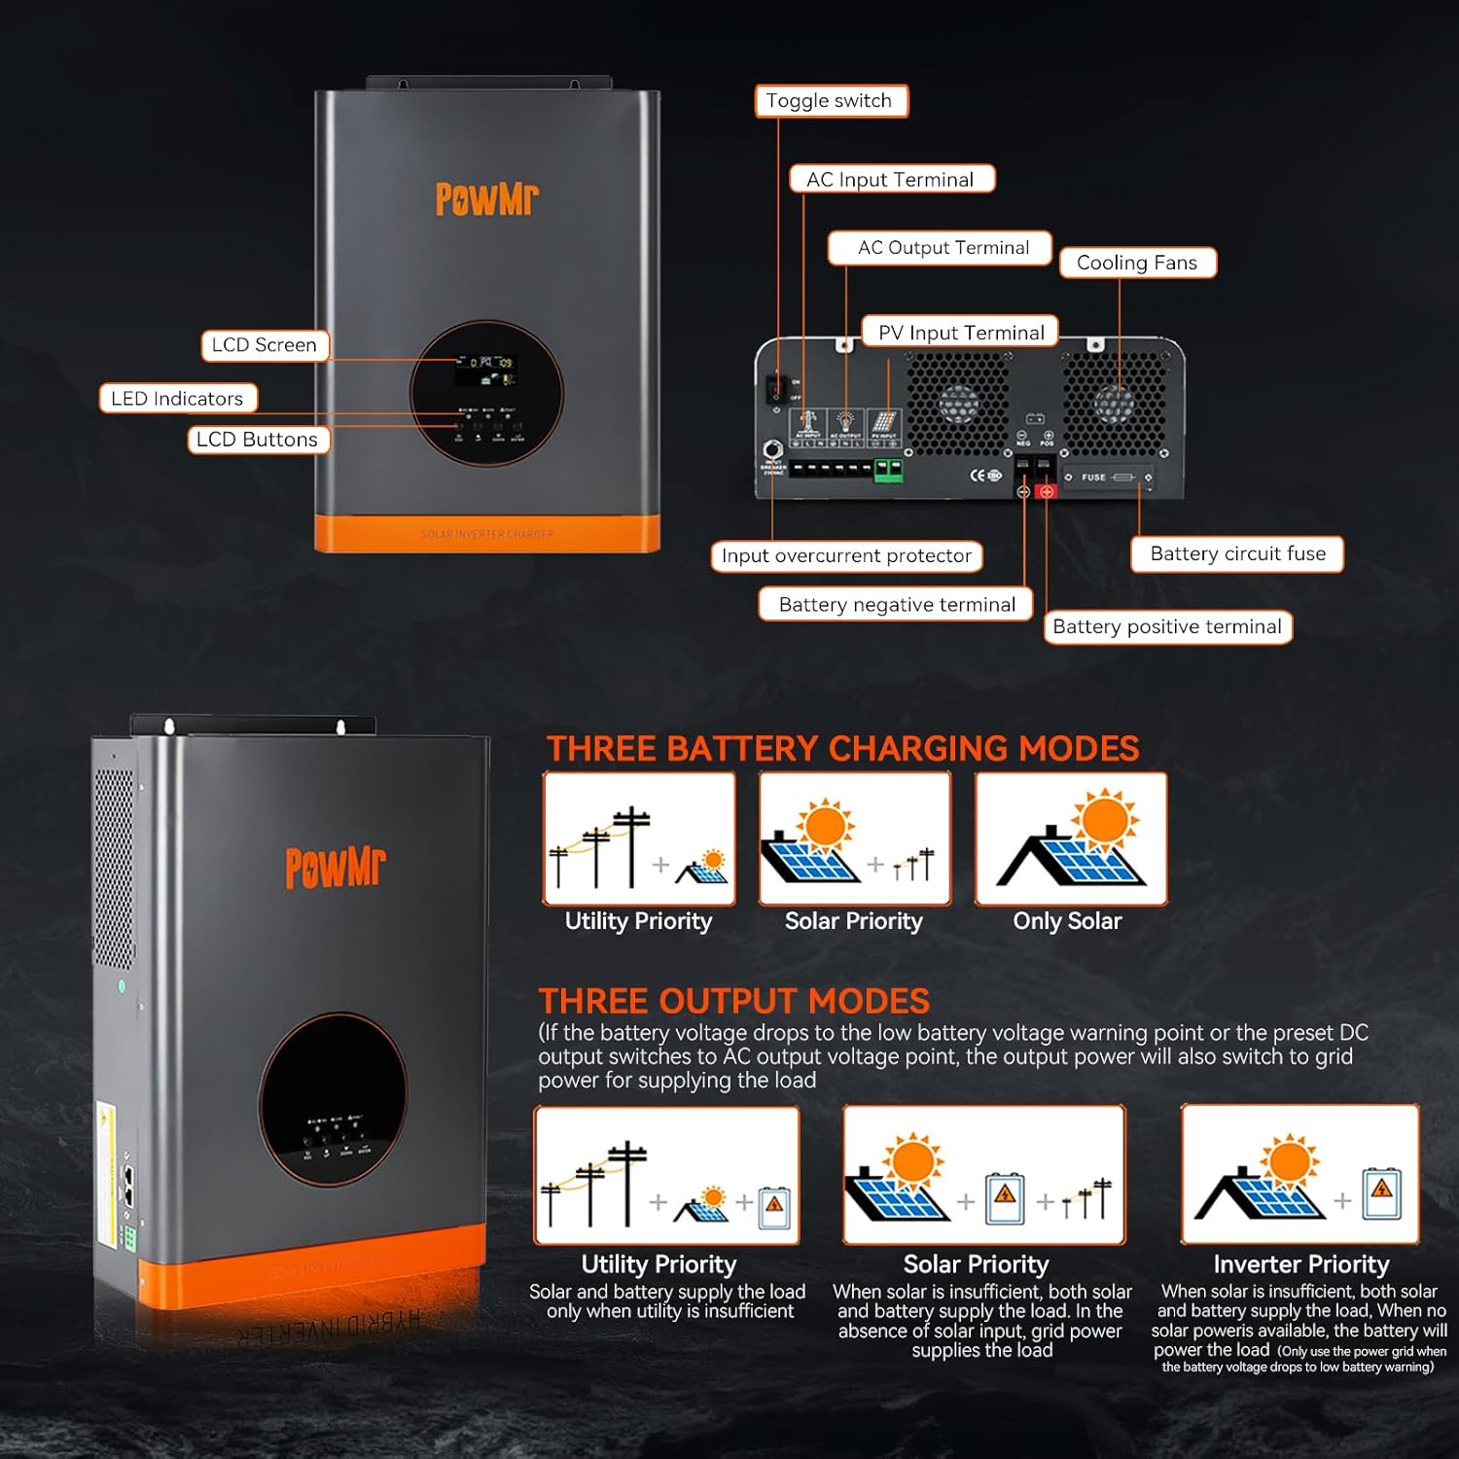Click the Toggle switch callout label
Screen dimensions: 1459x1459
831,101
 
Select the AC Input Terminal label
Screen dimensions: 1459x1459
891,179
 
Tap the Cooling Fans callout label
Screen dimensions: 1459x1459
1137,263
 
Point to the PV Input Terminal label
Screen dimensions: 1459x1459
960,333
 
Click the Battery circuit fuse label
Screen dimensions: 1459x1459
1236,553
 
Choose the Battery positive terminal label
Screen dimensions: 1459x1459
1167,626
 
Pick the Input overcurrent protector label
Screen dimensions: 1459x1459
846,555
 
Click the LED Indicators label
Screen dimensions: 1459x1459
178,398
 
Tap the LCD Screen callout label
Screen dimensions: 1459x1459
265,345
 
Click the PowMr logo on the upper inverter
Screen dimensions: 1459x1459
486,198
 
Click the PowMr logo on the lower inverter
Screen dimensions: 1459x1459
335,867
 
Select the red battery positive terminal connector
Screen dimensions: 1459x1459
1047,491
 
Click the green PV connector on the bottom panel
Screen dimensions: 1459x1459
888,471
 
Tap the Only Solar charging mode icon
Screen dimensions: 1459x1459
1071,838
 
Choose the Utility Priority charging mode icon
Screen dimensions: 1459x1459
639,838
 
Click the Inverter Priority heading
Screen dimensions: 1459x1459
1300,1263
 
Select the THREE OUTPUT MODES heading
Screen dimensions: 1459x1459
734,1001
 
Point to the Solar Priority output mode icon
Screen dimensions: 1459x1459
983,1175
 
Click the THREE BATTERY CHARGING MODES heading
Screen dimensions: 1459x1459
842,748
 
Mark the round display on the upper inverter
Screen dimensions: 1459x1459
486,394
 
